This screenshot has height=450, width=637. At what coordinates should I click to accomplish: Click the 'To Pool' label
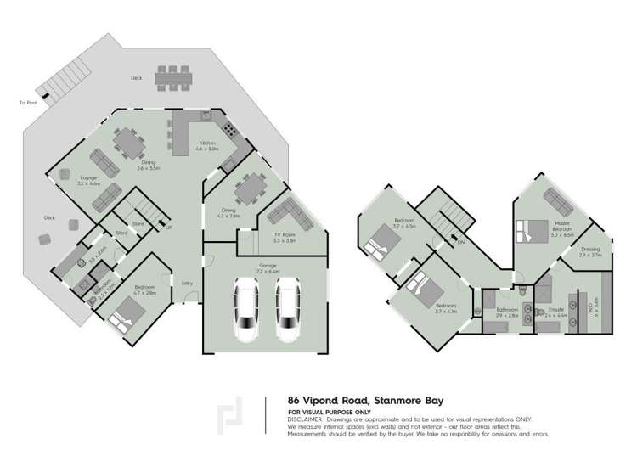(28, 103)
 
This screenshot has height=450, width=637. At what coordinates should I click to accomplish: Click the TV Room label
(285, 238)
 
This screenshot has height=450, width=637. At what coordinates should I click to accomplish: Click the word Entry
(187, 283)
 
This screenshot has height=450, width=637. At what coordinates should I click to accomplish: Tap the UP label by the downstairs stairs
(168, 228)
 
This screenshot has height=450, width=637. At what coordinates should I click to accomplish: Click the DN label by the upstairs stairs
(462, 241)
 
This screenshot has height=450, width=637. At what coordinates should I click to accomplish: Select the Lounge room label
(89, 180)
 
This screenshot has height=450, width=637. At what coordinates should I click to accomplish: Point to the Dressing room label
(589, 252)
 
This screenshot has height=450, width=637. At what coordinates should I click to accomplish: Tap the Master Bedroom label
(561, 227)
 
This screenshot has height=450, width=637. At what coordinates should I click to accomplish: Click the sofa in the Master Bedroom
(557, 200)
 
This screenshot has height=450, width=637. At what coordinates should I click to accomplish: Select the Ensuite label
(556, 312)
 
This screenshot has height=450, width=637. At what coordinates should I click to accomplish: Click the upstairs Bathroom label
(508, 312)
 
